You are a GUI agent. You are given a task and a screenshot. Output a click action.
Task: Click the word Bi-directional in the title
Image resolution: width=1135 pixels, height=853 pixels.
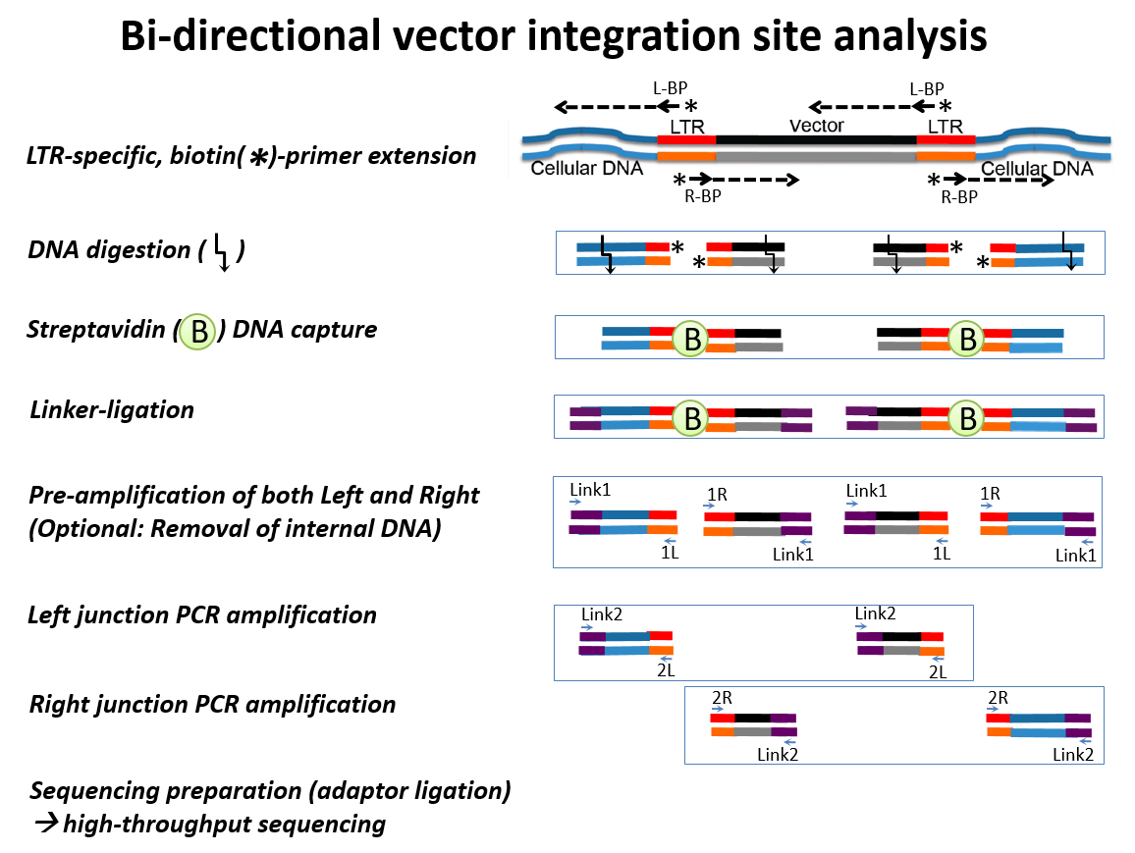pos(250,35)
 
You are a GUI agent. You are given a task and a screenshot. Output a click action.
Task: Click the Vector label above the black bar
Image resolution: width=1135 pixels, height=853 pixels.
pos(817,126)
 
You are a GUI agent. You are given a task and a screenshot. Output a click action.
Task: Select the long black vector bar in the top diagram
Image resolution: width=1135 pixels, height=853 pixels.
pos(816,139)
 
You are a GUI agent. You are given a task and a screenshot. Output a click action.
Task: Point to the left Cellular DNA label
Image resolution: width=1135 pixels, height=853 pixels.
pos(586,169)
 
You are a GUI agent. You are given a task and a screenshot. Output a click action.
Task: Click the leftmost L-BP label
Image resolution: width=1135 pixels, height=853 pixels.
pos(670,88)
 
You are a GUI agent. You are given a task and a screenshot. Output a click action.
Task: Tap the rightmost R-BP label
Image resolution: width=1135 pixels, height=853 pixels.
pos(959,196)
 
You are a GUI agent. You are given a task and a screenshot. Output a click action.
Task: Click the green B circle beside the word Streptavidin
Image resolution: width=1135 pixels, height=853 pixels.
pos(197,332)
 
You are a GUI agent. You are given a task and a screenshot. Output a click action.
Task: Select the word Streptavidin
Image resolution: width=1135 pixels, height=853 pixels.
pos(96,330)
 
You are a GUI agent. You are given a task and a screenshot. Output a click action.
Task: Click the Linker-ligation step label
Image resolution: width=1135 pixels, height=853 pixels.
pos(112,410)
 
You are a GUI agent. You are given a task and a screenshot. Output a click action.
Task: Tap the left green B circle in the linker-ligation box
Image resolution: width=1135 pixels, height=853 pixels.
pos(691,417)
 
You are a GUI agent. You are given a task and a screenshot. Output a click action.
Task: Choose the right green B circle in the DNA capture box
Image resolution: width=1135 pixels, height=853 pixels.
pos(967,339)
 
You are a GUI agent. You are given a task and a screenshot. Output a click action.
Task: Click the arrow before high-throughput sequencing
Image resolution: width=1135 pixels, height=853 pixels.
pos(47,823)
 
